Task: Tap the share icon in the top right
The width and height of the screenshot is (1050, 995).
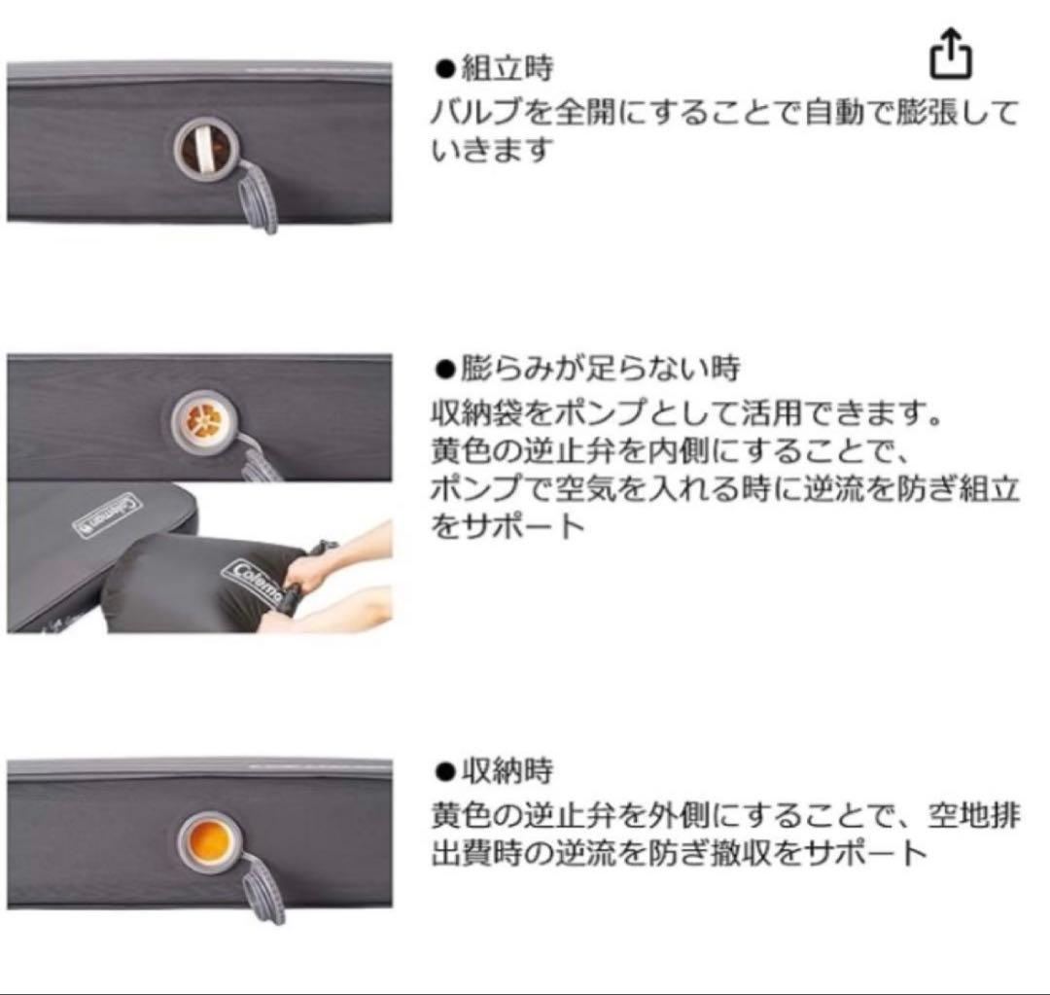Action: point(951,55)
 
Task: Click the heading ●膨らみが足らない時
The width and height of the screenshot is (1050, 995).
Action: point(587,369)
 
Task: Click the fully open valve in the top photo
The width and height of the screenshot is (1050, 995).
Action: point(204,152)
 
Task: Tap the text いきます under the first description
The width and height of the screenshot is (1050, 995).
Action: point(492,151)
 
